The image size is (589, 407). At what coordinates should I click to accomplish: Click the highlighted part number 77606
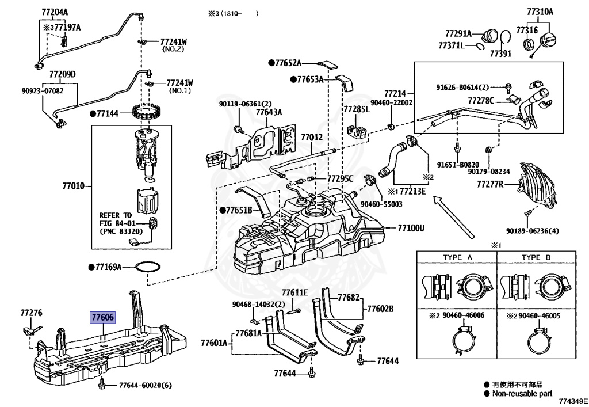click(x=102, y=317)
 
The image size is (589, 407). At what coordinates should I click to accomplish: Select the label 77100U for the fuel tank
click(x=410, y=228)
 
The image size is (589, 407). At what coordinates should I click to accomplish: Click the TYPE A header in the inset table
click(x=457, y=257)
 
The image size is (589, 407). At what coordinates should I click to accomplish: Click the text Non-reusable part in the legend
click(x=522, y=393)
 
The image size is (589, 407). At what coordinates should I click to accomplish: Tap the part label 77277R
click(x=490, y=184)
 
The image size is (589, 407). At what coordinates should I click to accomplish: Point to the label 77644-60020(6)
click(x=146, y=385)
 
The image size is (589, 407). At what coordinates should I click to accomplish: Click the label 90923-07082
click(x=43, y=90)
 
